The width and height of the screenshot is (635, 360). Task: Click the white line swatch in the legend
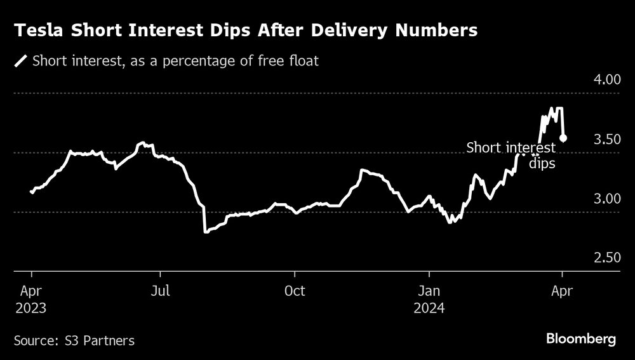pos(21,62)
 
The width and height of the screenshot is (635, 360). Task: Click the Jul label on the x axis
pos(161,291)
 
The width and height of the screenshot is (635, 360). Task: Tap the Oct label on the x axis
pos(295,291)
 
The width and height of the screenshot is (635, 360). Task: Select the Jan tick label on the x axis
pos(429,291)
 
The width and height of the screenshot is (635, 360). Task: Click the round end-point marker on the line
pos(563,138)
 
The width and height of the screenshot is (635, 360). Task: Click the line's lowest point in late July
pos(205,232)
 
